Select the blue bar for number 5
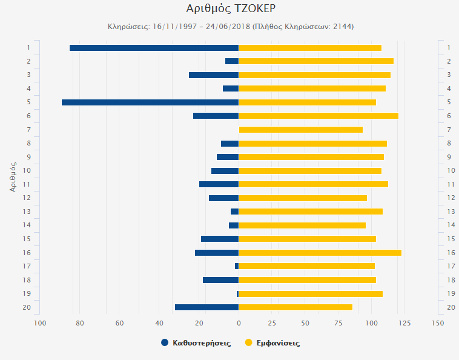point(150,102)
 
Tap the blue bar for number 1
point(154,48)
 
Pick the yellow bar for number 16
point(320,253)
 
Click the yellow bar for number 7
point(300,130)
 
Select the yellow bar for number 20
point(296,307)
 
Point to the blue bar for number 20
point(206,307)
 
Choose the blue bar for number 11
point(219,184)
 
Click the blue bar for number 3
point(214,75)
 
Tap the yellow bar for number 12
point(303,198)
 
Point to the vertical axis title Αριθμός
point(13,176)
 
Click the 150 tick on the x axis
point(437,323)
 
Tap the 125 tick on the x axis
point(404,323)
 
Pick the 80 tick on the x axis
point(80,323)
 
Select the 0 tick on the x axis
point(239,323)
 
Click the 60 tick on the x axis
point(120,323)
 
